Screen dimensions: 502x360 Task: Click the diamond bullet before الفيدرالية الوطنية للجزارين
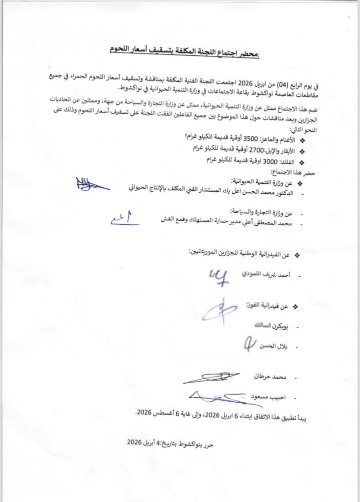(x=296, y=255)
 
